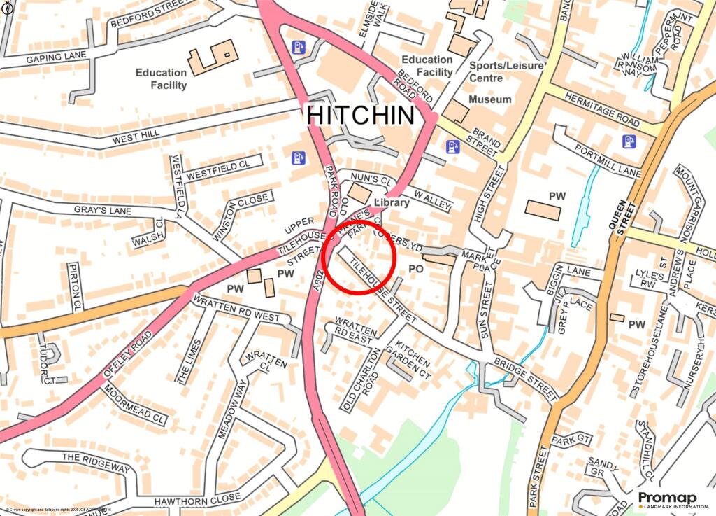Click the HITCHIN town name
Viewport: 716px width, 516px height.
coord(361,115)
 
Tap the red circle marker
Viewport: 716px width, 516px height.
coord(361,256)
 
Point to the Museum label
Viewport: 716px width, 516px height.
coord(490,100)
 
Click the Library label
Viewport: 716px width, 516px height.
coord(392,202)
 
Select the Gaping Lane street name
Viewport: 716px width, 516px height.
coord(56,55)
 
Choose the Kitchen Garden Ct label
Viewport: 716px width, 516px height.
coord(413,357)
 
